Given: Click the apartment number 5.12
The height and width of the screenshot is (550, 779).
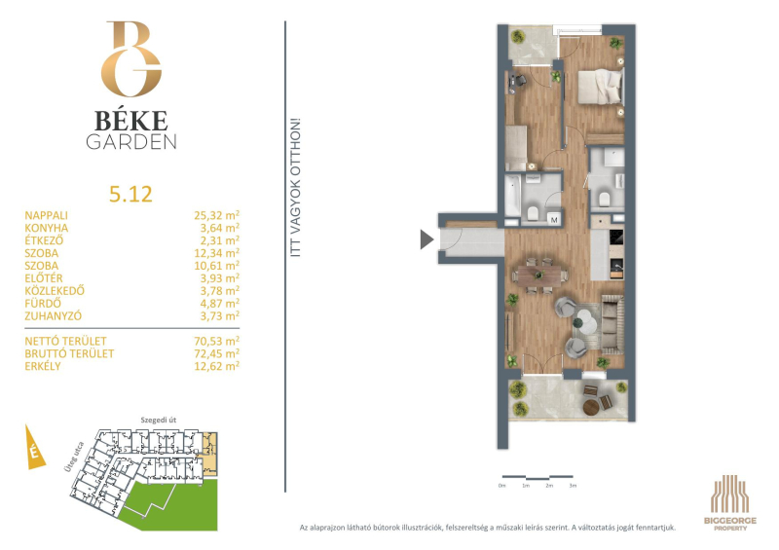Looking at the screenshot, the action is [130, 195].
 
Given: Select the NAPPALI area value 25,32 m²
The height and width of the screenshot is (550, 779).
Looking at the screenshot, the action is [216, 215].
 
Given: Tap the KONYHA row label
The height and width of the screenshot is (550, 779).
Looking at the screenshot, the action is [47, 228].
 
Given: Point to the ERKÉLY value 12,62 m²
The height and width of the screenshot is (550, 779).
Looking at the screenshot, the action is [216, 366].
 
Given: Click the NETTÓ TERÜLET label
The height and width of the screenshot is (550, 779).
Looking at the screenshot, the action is [65, 342].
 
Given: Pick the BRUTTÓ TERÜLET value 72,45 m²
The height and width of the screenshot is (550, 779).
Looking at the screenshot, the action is [216, 353].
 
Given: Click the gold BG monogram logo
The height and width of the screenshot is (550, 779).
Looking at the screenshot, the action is [131, 58].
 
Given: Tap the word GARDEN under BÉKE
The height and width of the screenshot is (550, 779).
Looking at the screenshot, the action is [131, 142].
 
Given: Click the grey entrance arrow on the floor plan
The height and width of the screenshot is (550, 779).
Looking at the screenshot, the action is [427, 238].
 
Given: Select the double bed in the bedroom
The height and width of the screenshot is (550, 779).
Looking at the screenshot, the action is [600, 87].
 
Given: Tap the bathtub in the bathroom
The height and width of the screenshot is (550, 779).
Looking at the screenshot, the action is [513, 195].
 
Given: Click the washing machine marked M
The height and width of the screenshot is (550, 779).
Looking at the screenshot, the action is [554, 219].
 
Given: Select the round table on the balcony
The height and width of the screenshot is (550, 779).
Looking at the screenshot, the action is [591, 408].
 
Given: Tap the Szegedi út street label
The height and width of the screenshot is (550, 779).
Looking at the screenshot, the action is [159, 420].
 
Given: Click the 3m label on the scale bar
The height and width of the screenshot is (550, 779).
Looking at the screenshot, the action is [573, 486].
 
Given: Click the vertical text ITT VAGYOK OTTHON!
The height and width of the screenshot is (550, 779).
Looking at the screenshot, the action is [296, 187].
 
